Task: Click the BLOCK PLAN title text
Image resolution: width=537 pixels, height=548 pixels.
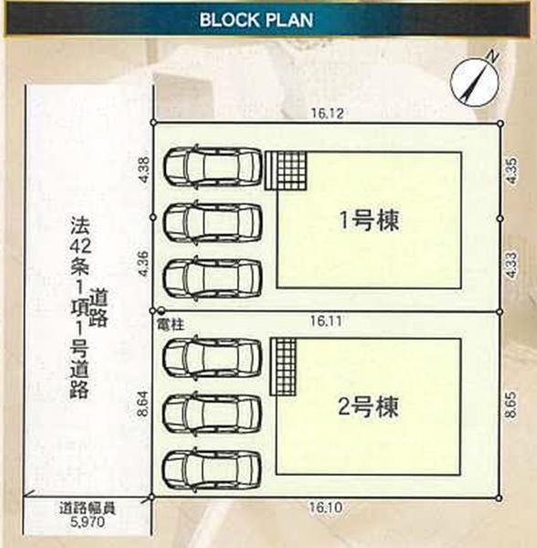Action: click(256, 19)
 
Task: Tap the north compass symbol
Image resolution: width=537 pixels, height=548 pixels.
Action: click(476, 82)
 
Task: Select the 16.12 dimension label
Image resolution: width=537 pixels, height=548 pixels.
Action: click(327, 113)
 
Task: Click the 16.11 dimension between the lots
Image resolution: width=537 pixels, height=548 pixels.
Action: click(327, 321)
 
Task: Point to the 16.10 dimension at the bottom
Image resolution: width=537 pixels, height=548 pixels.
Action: click(325, 507)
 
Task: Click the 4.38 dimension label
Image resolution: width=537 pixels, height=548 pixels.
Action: click(144, 169)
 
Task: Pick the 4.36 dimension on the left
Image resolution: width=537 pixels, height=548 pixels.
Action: click(143, 264)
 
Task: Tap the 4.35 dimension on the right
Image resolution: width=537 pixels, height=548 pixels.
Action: click(511, 171)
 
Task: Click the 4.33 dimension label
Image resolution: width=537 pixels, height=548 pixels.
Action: click(511, 265)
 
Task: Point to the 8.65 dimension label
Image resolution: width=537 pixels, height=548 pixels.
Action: click(511, 405)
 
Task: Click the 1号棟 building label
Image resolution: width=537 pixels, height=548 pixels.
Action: click(369, 220)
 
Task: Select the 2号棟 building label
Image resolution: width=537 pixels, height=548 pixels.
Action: click(368, 406)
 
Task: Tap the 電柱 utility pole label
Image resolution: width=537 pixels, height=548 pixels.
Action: click(171, 324)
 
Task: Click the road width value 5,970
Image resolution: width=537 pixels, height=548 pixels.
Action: click(88, 522)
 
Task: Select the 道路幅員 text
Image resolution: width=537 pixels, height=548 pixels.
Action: click(88, 509)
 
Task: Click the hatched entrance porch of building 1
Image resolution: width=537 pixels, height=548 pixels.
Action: click(286, 171)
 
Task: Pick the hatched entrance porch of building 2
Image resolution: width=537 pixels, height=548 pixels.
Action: click(283, 366)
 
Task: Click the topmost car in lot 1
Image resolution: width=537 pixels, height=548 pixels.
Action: click(213, 165)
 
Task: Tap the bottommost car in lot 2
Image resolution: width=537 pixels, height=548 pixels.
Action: click(213, 469)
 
